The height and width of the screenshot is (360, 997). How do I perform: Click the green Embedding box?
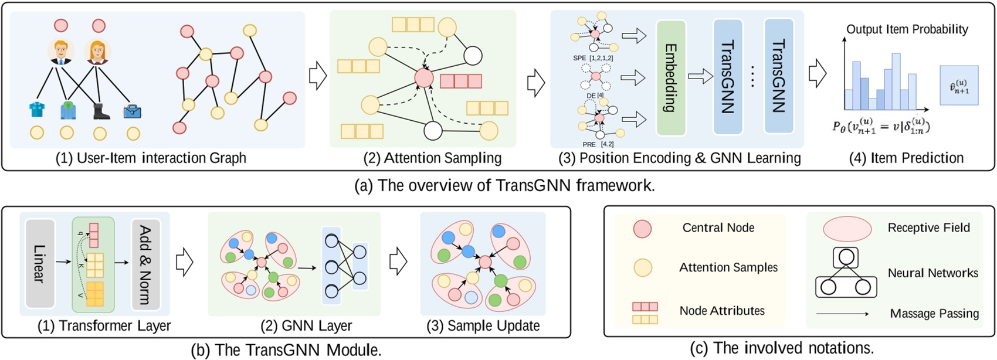tap(671, 78)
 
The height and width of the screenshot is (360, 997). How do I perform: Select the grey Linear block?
tap(40, 263)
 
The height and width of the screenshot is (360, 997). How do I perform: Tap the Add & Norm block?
tap(145, 263)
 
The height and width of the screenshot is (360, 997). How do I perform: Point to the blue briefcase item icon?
tap(132, 111)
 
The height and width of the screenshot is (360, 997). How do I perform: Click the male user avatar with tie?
tap(60, 52)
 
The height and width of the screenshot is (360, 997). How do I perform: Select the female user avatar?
tap(97, 52)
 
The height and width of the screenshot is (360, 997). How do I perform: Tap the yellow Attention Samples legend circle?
tap(642, 268)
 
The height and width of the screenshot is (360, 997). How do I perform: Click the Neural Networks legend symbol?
tap(846, 273)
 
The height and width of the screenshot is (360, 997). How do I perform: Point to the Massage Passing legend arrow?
tap(842, 314)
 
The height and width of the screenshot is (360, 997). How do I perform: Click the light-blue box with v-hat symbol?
tap(959, 86)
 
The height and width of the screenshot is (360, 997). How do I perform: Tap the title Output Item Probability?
tap(907, 29)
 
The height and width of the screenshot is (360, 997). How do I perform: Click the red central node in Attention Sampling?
tap(423, 77)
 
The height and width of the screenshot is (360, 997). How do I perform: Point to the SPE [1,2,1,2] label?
tap(593, 59)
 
